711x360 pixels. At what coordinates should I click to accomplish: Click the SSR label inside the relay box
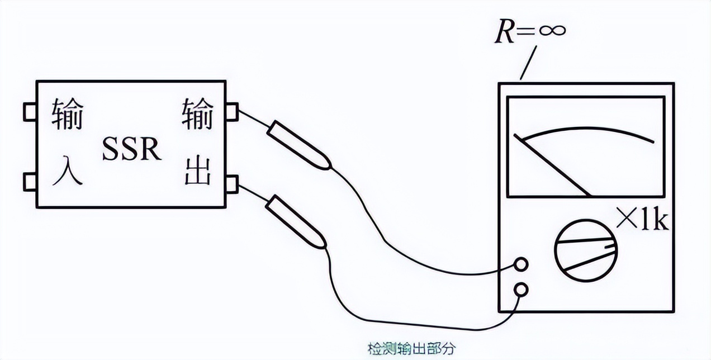131,149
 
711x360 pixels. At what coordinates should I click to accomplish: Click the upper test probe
300,146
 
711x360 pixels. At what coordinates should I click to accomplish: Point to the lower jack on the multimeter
521,289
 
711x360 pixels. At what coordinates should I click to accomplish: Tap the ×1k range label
642,220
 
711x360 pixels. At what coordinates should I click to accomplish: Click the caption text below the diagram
411,349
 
